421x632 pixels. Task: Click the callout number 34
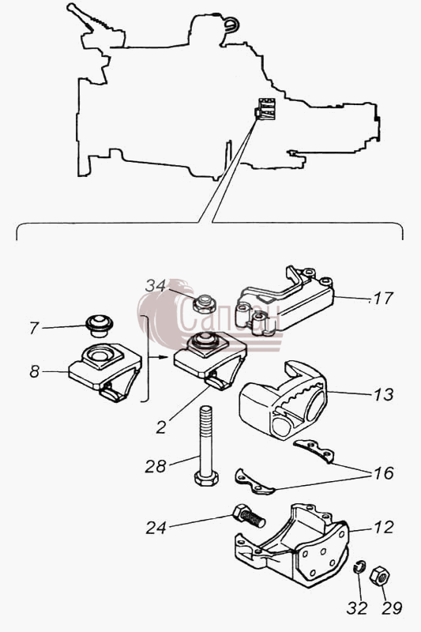pyautogui.click(x=155, y=286)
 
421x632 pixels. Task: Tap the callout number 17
pyautogui.click(x=383, y=299)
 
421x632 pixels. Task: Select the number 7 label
pyautogui.click(x=34, y=328)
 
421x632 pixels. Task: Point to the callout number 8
pyautogui.click(x=34, y=371)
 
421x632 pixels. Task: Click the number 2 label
pyautogui.click(x=161, y=427)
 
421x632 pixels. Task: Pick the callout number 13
pyautogui.click(x=383, y=394)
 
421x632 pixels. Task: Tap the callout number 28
pyautogui.click(x=156, y=467)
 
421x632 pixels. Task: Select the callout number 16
pyautogui.click(x=383, y=472)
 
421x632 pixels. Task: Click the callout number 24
pyautogui.click(x=156, y=528)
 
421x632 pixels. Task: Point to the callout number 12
pyautogui.click(x=383, y=527)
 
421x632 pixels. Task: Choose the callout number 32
pyautogui.click(x=357, y=608)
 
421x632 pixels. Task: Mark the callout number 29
pyautogui.click(x=392, y=608)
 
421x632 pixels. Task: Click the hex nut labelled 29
pyautogui.click(x=379, y=575)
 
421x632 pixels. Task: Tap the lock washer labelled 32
pyautogui.click(x=359, y=566)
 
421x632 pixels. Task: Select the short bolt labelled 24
pyautogui.click(x=249, y=516)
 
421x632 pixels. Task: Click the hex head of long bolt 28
pyautogui.click(x=206, y=478)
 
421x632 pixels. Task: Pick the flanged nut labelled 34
pyautogui.click(x=205, y=304)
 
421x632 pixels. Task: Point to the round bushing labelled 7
pyautogui.click(x=99, y=325)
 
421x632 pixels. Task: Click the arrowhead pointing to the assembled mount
pyautogui.click(x=164, y=357)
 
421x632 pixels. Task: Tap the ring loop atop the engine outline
pyautogui.click(x=232, y=24)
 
